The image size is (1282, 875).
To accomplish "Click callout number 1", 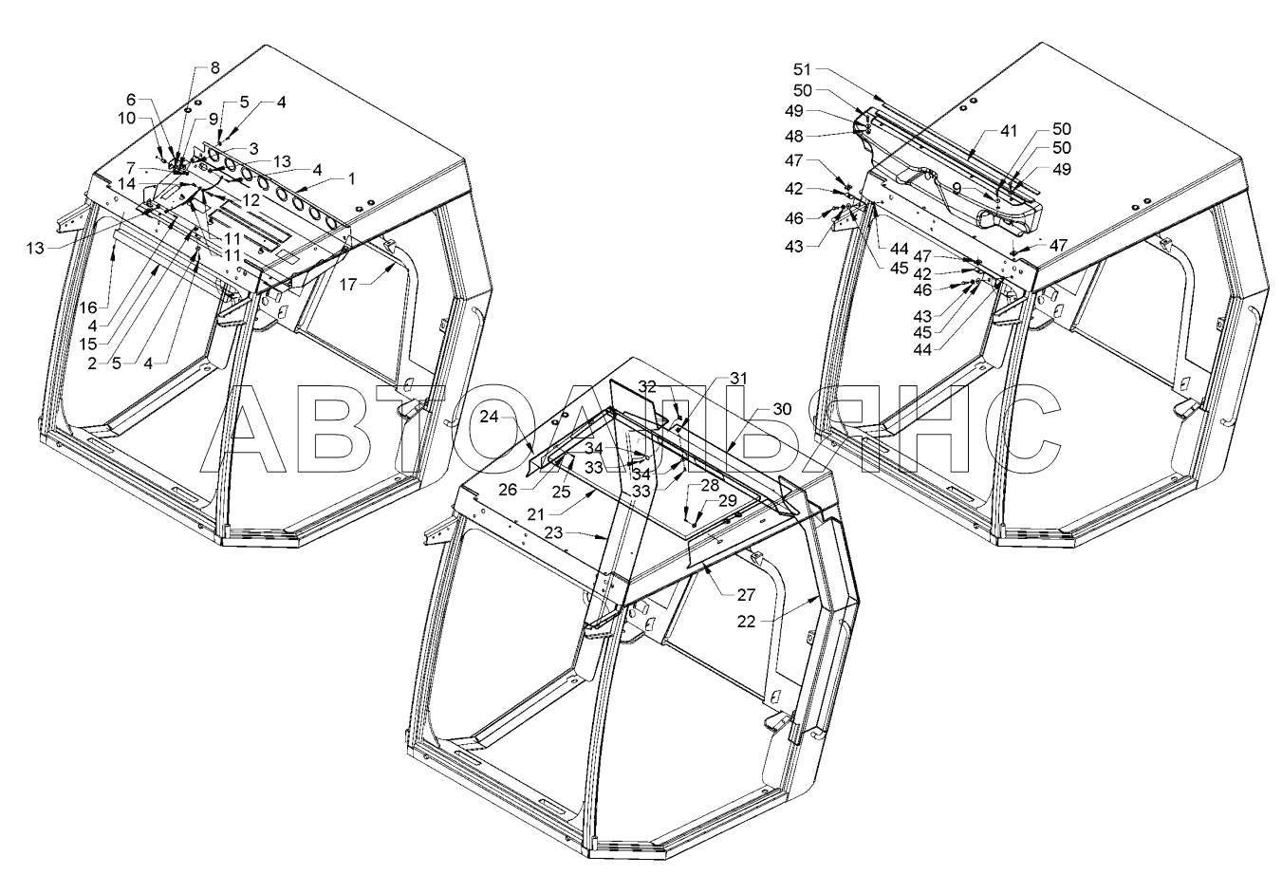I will pos(351,177).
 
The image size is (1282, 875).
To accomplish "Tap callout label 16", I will pos(88,307).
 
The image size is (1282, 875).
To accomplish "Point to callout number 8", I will pos(214,67).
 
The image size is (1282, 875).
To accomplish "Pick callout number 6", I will pos(131,99).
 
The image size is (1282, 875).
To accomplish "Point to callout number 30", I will pos(781,408).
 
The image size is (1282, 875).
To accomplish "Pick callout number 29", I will pos(728,499).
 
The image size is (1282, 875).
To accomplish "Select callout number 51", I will pos(803,69).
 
